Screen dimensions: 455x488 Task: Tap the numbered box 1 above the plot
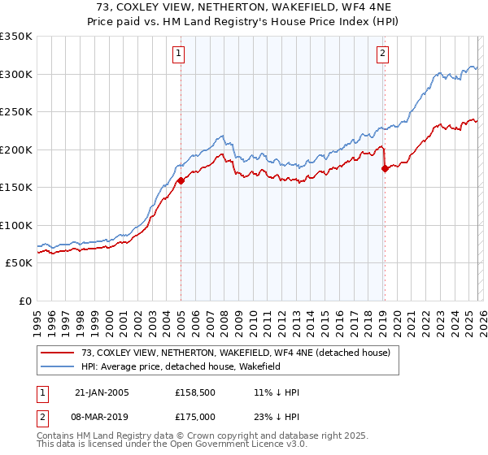[x=178, y=54]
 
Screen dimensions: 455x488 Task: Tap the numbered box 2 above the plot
[x=381, y=54]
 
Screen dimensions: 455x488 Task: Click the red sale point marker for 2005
[x=181, y=181]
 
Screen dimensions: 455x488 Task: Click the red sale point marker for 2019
[x=385, y=169]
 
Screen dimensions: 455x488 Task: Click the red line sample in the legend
[x=58, y=353]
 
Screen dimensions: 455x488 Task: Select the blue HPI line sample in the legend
[x=58, y=366]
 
